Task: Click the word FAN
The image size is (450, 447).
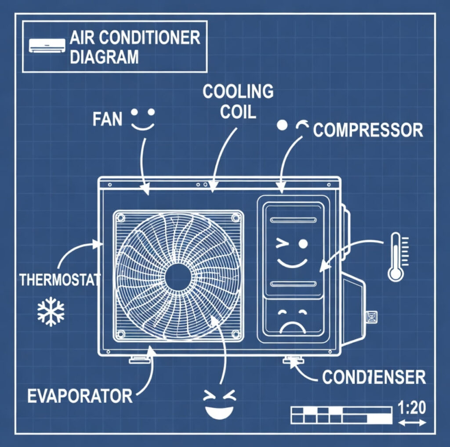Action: tap(107, 119)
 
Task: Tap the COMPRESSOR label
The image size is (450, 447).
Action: tap(368, 130)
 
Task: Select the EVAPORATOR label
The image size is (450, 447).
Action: tap(80, 396)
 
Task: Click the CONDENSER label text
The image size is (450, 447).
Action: tap(374, 377)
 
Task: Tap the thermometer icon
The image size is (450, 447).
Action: tap(396, 257)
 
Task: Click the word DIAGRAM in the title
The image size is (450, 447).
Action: tap(104, 57)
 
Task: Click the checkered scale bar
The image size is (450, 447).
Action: tap(341, 415)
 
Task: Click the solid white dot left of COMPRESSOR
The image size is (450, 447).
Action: tap(282, 125)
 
